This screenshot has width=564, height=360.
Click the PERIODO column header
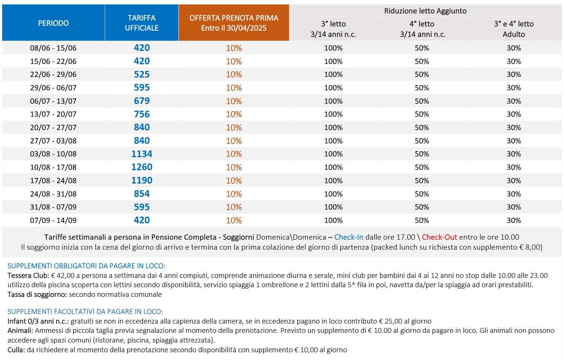point(54,23)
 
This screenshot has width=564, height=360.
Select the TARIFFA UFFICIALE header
point(142,23)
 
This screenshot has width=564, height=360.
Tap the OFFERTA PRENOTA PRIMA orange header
point(234,23)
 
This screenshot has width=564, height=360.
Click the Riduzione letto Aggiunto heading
point(425,11)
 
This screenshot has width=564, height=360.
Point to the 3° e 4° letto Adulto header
point(513,29)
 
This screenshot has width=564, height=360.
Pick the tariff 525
point(142,74)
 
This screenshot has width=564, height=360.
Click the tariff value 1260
point(142,167)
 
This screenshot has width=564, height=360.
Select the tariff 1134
point(142,154)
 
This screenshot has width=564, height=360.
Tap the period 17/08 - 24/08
point(53,181)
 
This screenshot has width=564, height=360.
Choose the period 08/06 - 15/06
point(53,48)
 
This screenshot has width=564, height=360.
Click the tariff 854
point(142,194)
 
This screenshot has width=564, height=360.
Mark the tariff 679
point(142,101)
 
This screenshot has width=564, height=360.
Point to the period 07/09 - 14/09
point(53,220)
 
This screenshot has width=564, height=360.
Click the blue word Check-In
point(349,237)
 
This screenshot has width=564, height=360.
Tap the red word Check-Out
point(440,237)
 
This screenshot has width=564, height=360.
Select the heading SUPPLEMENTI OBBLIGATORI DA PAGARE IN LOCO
point(86,266)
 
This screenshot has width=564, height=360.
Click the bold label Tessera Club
point(28,275)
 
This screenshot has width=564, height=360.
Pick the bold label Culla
point(16,350)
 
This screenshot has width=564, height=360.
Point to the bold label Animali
point(20,330)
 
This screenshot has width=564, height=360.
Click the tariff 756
point(142,114)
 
